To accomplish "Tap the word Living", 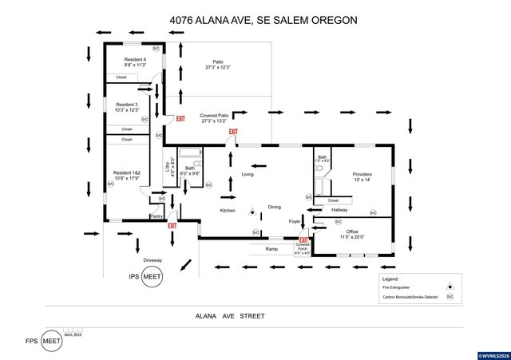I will coord(248,174).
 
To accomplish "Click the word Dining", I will coord(274,207).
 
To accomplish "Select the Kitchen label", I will coord(228,210).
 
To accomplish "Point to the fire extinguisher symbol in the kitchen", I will coord(251,212).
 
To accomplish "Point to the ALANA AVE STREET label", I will coord(230,316).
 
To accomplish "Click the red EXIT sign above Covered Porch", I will coord(303,239).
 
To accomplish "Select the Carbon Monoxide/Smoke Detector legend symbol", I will coord(450,296).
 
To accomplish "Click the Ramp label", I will coord(272,247).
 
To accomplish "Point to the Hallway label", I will coord(343,210).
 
